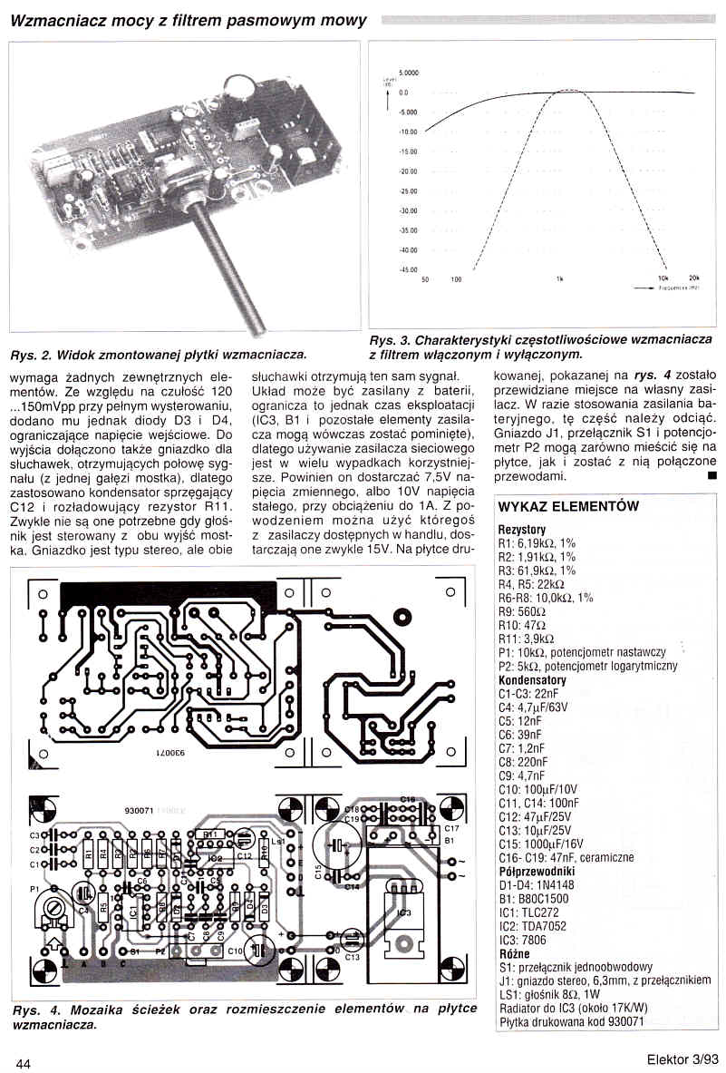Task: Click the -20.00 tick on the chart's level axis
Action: click(408, 171)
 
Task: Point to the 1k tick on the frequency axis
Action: click(561, 278)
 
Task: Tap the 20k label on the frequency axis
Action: click(694, 278)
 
